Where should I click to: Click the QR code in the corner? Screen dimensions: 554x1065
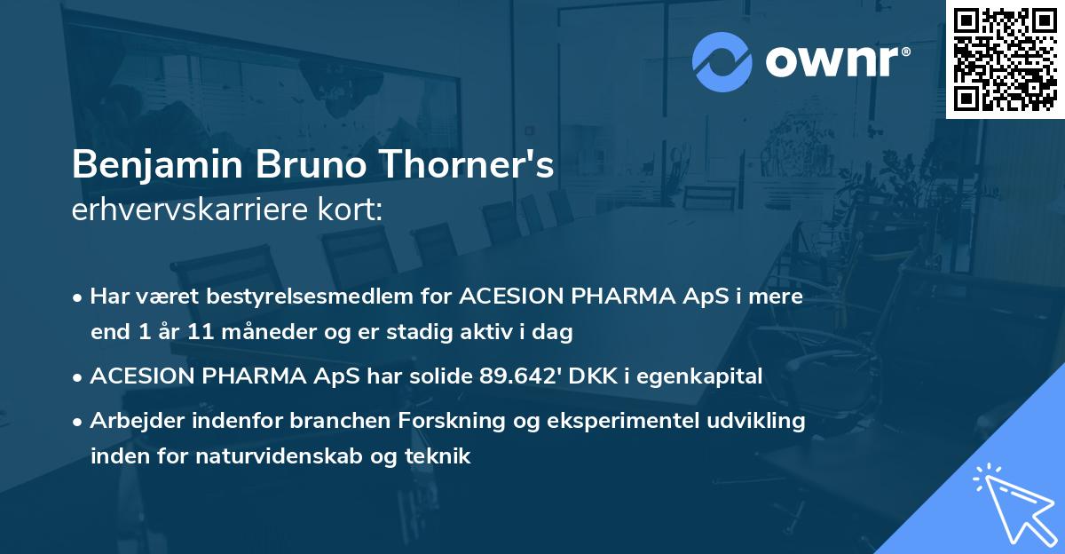[1006, 59]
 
